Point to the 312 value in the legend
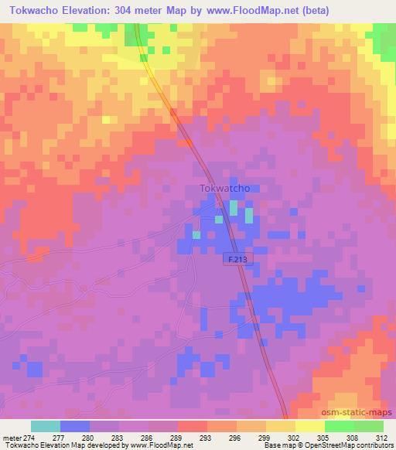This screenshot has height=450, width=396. pos(382,437)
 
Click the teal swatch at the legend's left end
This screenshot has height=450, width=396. pos(46,426)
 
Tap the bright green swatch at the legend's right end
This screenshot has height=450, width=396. pos(368,426)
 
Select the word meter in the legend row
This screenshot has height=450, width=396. pos(11,437)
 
